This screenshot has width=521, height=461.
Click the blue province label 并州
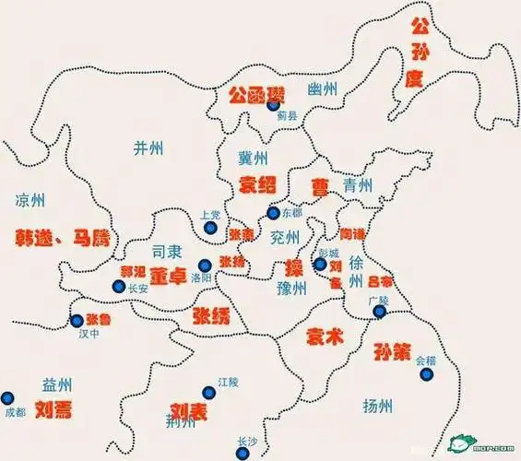(x=148, y=147)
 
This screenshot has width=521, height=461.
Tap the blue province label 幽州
(x=323, y=89)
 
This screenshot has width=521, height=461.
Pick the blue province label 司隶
(x=168, y=251)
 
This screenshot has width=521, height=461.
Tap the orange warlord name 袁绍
(x=257, y=182)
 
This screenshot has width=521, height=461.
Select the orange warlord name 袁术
(x=325, y=337)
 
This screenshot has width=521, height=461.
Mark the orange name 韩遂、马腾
(x=62, y=236)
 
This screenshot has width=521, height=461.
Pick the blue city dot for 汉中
(x=77, y=321)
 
